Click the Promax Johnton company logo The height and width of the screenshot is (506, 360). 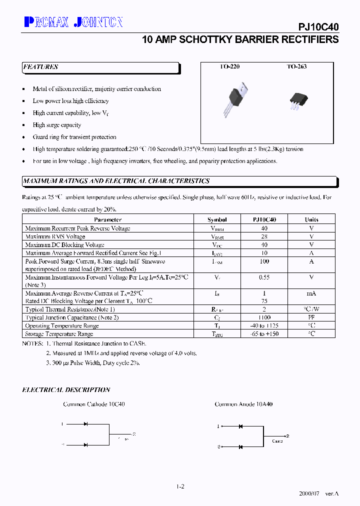pyautogui.click(x=73, y=21)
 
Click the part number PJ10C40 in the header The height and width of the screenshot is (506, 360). pyautogui.click(x=319, y=28)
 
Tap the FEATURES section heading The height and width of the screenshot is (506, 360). pyautogui.click(x=40, y=67)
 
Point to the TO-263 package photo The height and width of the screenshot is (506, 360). pyautogui.click(x=296, y=100)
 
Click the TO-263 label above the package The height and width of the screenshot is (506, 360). pyautogui.click(x=296, y=67)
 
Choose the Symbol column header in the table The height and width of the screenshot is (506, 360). pyautogui.click(x=217, y=219)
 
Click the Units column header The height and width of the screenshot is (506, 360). pyautogui.click(x=311, y=219)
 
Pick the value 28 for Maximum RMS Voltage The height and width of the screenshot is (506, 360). pyautogui.click(x=264, y=236)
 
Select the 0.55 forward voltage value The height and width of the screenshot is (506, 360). pyautogui.click(x=264, y=277)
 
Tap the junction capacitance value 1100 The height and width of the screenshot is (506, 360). pyautogui.click(x=264, y=317)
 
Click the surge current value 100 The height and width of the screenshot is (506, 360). pyautogui.click(x=264, y=261)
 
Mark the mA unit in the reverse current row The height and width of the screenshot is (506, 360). pyautogui.click(x=311, y=293)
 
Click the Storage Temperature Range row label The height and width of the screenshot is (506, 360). pyautogui.click(x=59, y=334)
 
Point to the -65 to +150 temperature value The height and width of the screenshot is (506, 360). pyautogui.click(x=264, y=334)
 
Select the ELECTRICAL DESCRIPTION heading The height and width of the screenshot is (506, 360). pyautogui.click(x=66, y=390)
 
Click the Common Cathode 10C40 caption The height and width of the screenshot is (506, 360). pyautogui.click(x=94, y=404)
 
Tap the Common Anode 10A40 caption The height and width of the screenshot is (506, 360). pyautogui.click(x=243, y=404)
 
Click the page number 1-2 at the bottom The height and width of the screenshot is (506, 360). pyautogui.click(x=180, y=486)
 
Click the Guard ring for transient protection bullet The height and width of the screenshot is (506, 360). pyautogui.click(x=74, y=137)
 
